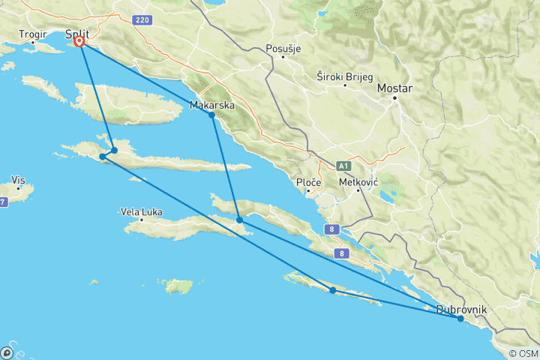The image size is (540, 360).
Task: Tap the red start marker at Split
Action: click(79, 42)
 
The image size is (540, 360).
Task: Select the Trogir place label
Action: click(33, 34)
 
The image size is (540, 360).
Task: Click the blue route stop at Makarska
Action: click(211, 115)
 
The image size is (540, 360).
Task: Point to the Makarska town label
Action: click(213, 105)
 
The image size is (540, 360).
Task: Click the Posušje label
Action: click(283, 49)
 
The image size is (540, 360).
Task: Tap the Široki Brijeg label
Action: click(345, 76)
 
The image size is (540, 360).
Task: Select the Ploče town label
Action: click(309, 182)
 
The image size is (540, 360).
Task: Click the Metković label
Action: click(358, 181)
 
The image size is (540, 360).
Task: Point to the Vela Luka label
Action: click(142, 212)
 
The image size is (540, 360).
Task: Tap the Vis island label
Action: click(19, 180)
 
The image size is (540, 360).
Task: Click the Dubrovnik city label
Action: click(462, 309)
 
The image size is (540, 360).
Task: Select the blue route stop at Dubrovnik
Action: click(460, 319)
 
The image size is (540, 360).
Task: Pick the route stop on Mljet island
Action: click(332, 290)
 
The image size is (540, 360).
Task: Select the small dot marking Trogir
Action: click(33, 43)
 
